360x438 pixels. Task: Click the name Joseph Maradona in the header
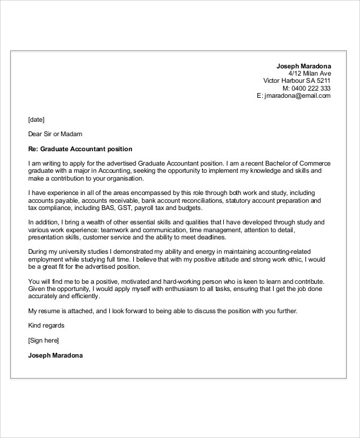(x=303, y=65)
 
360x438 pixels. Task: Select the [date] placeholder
(x=36, y=119)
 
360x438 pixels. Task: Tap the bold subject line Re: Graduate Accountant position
(x=80, y=149)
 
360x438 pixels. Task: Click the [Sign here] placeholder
(x=43, y=340)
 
